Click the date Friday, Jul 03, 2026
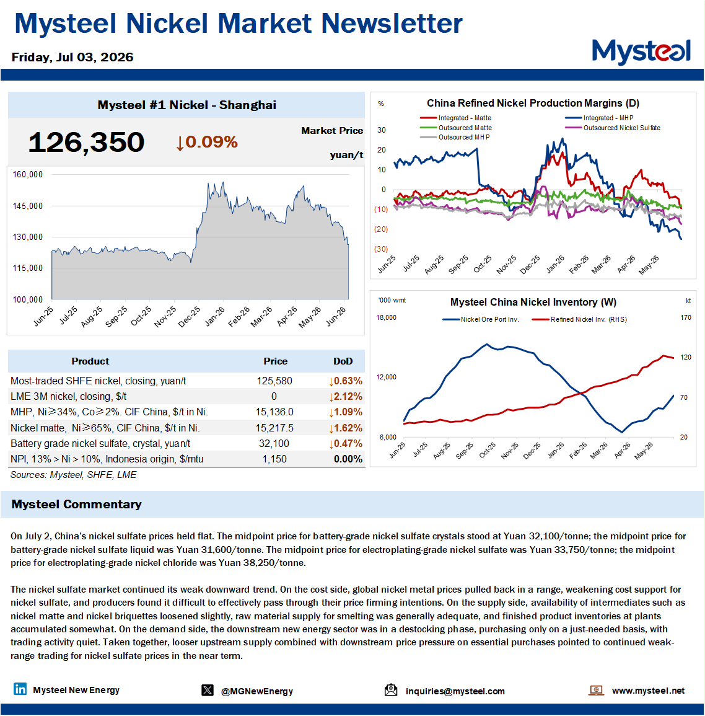[x=72, y=57]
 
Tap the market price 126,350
[x=86, y=142]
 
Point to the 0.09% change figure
[x=207, y=142]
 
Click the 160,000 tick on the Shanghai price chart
[x=27, y=174]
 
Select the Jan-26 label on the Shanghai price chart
[x=214, y=316]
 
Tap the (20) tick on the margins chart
[x=381, y=229]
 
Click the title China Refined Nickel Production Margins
[x=533, y=103]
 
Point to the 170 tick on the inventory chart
[x=686, y=317]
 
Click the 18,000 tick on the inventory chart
[x=386, y=317]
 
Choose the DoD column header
[x=343, y=361]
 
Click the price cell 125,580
[x=274, y=381]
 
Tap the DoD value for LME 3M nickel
[x=346, y=396]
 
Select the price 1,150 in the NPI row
[x=274, y=459]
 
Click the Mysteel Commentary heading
[x=76, y=504]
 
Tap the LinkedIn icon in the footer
[x=20, y=689]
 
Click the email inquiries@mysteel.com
[x=455, y=691]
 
